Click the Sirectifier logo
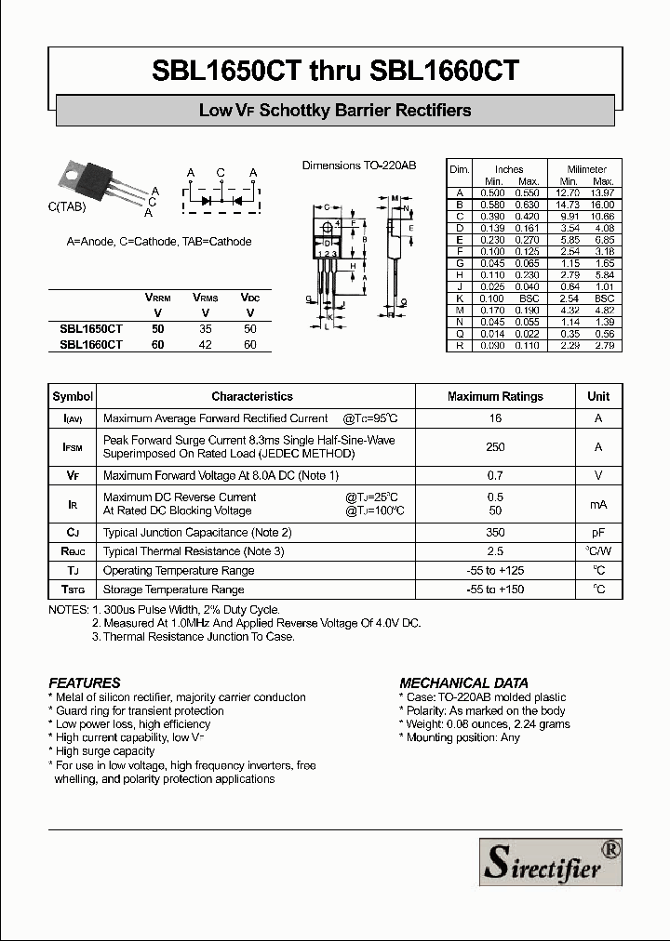550,861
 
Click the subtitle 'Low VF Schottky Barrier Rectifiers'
335,111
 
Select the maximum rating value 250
495,447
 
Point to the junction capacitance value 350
495,533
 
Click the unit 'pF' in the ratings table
598,533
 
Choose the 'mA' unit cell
598,504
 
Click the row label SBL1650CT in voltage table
91,329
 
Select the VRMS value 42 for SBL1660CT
206,344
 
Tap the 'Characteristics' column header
252,396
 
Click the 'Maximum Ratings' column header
495,396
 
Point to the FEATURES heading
85,683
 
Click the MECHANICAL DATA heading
463,683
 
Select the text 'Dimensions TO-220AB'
359,166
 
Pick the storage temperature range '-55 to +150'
495,590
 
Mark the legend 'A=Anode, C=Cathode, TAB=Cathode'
159,242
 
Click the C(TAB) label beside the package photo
66,206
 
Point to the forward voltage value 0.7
495,475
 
